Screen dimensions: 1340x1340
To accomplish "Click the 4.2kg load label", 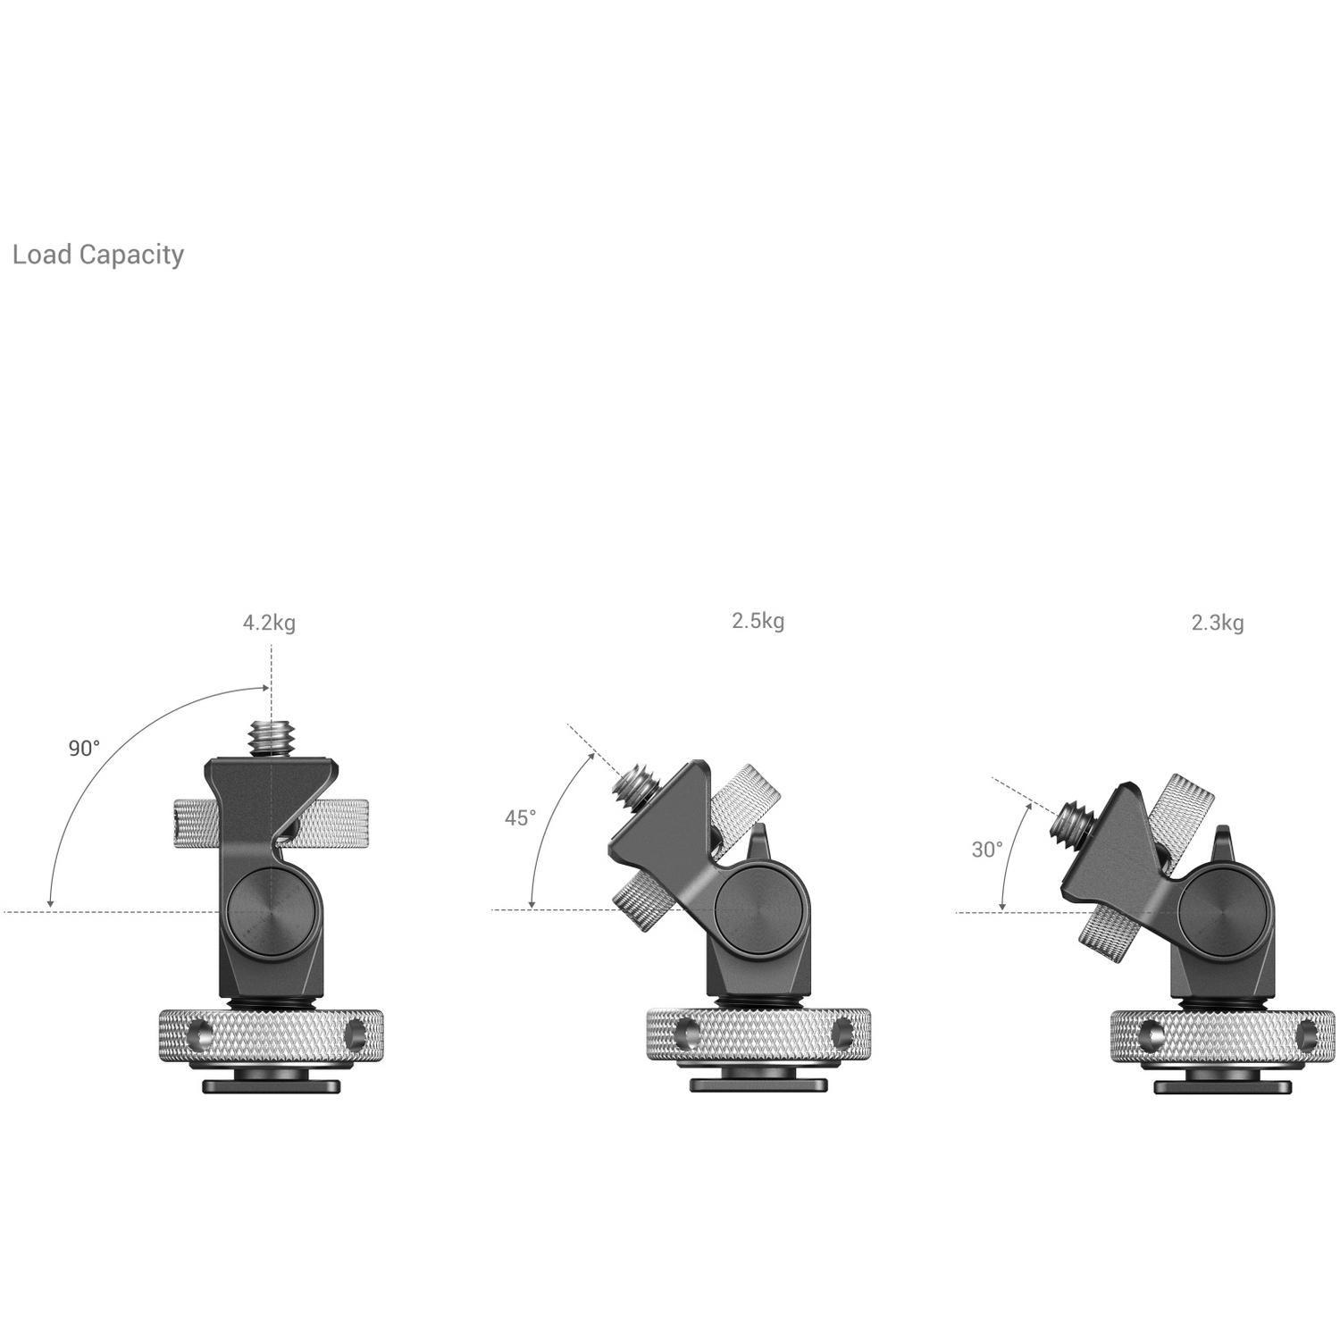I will tap(269, 623).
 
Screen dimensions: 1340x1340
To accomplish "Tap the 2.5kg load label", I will tap(758, 621).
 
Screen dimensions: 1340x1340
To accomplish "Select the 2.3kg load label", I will tap(1217, 623).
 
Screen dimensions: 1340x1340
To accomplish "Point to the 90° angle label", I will tap(85, 749).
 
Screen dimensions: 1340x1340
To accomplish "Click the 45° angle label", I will tap(521, 817).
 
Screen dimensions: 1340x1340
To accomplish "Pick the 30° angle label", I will tap(987, 850).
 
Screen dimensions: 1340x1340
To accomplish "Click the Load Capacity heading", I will tap(98, 255).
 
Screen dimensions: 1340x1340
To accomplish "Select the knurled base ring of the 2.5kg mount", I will tap(758, 1034).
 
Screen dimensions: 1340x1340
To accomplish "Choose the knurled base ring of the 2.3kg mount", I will tap(1222, 1036).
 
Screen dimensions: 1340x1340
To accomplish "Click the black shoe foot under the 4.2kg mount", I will tap(272, 1086).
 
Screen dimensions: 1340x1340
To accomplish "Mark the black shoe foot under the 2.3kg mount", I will tap(1222, 1087).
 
